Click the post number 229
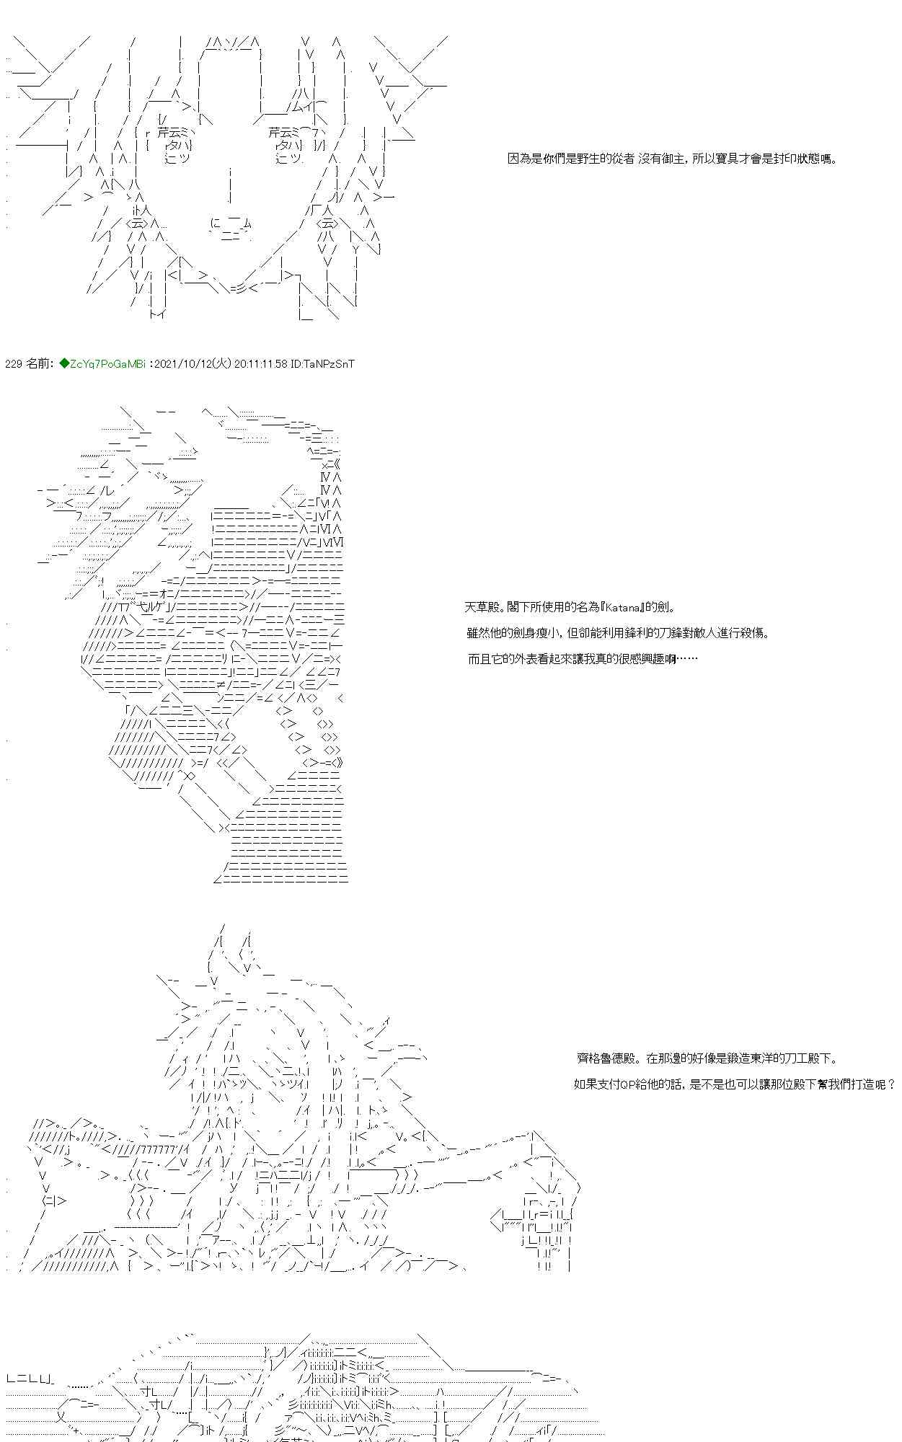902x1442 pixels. (x=13, y=364)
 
